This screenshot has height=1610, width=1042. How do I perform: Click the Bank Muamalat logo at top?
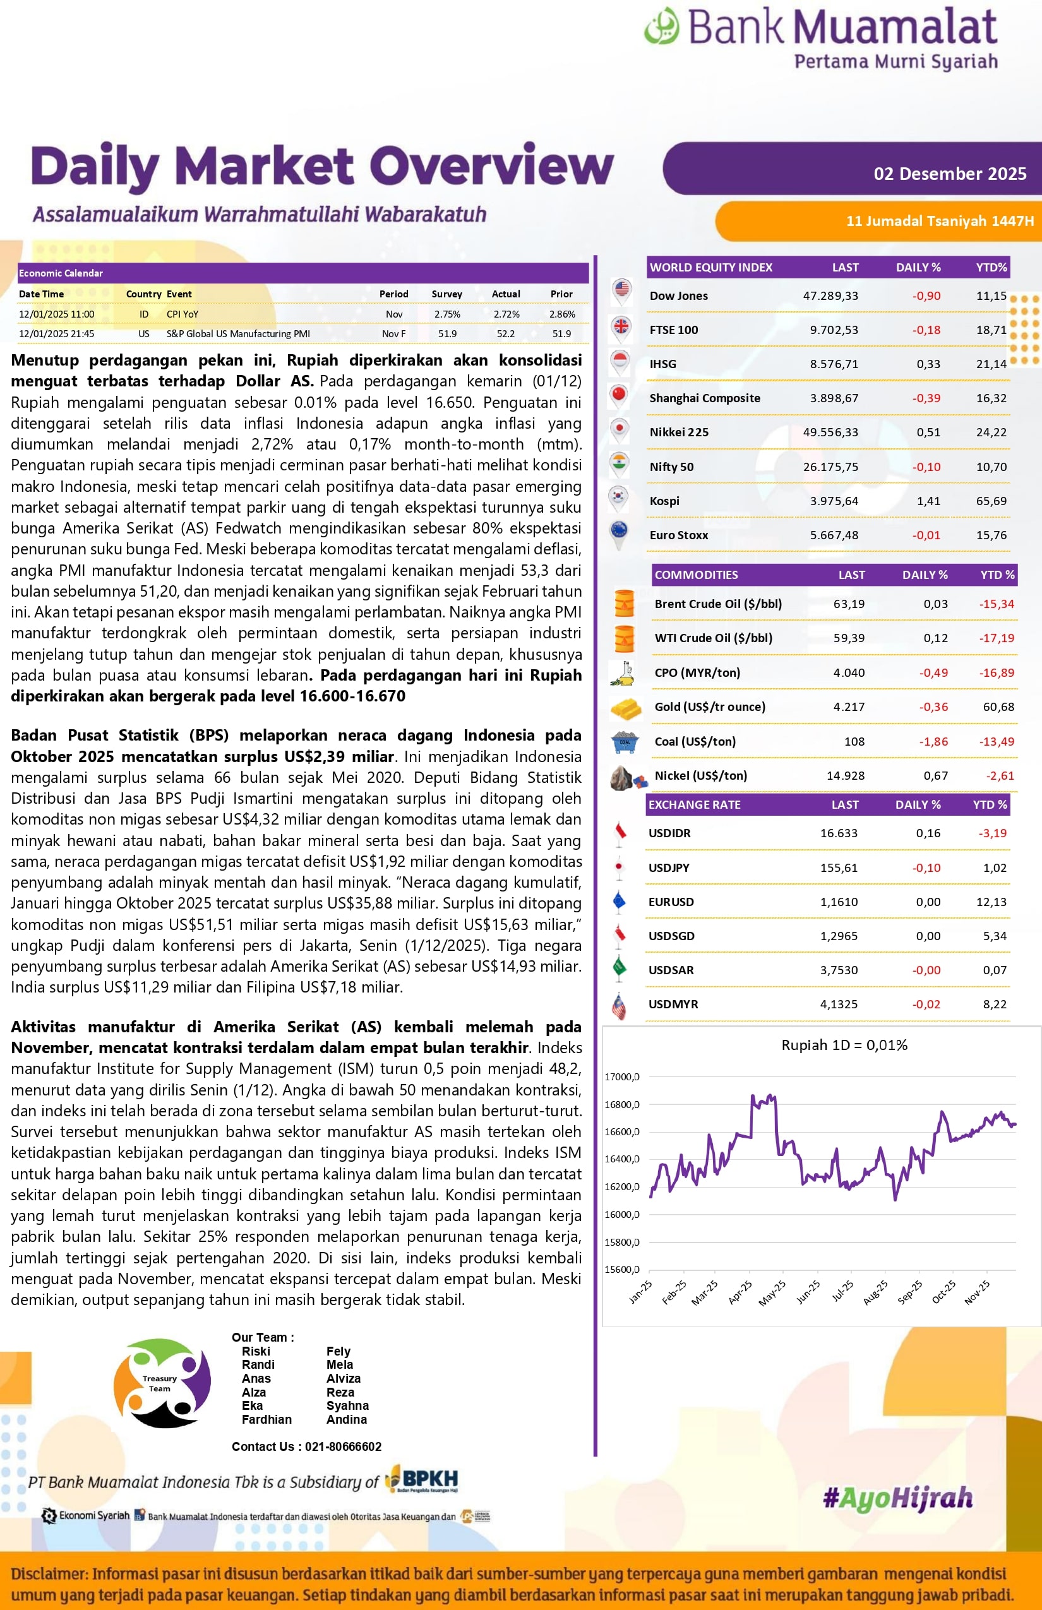(x=820, y=37)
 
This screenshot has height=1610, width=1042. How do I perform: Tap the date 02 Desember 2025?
(x=949, y=174)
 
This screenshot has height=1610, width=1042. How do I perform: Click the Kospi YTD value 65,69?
(x=991, y=501)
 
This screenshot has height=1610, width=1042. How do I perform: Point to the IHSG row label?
(x=662, y=364)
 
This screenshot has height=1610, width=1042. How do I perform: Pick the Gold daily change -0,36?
(x=933, y=707)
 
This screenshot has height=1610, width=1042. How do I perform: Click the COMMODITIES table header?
(x=696, y=575)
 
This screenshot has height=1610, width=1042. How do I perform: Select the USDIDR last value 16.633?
(x=839, y=833)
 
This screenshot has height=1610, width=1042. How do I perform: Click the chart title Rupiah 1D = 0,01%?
(x=844, y=1045)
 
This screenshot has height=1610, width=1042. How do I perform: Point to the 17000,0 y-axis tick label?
(x=621, y=1077)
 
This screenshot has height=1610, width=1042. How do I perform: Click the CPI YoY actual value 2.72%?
(x=506, y=314)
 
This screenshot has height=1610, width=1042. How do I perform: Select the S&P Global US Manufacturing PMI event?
(x=238, y=333)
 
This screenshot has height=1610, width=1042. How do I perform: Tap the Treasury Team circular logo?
(x=162, y=1383)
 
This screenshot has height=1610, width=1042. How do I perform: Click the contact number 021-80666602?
(x=343, y=1446)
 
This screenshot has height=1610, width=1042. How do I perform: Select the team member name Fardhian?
(x=266, y=1419)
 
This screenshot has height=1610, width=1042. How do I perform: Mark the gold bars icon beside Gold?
(x=625, y=708)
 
